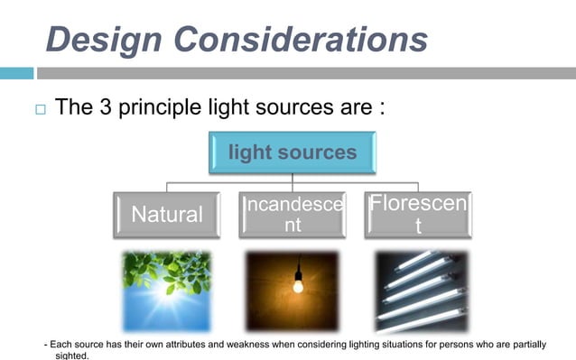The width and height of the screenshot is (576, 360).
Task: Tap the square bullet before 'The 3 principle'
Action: [39, 110]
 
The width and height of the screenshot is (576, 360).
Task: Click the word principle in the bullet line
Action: [173, 109]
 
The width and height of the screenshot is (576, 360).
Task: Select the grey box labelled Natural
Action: [167, 214]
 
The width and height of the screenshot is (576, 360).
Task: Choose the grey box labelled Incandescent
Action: [293, 214]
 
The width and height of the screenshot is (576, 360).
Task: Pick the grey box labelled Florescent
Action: [417, 214]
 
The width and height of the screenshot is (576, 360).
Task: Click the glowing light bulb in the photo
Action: [297, 286]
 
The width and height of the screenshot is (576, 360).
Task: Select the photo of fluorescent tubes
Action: [421, 291]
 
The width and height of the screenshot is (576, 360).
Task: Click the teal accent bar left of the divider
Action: [16, 73]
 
